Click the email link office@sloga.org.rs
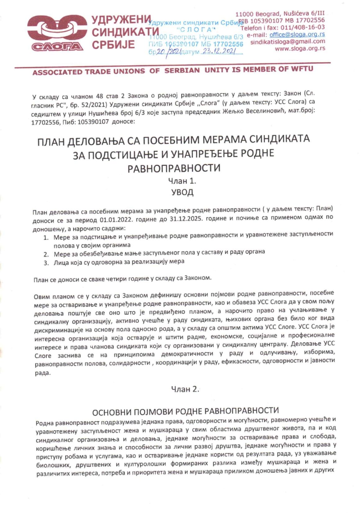coord(297,34)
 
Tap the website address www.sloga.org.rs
coord(300,48)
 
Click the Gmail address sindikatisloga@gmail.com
coord(288,42)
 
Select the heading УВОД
coord(182,192)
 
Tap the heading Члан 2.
coord(185,389)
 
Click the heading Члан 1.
coord(182,181)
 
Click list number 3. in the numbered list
coord(46,263)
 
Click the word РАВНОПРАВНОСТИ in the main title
coord(174,168)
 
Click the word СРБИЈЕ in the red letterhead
coord(114,45)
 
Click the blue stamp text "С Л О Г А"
coord(196,30)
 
